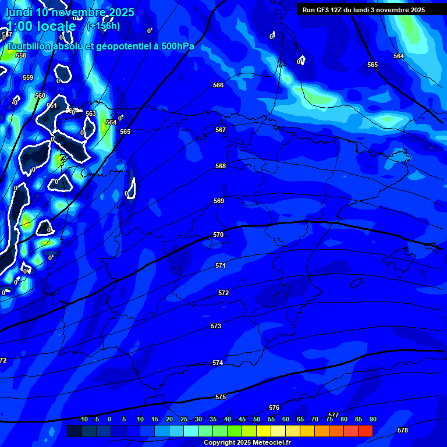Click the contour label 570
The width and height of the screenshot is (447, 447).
click(x=218, y=235)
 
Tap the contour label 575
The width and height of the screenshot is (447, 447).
click(x=221, y=397)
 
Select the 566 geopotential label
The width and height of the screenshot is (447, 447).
click(x=218, y=85)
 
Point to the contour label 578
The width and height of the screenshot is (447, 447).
click(x=403, y=430)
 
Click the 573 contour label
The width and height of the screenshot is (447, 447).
click(x=216, y=326)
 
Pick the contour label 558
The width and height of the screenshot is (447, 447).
click(x=21, y=55)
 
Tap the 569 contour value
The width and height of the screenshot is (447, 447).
click(x=219, y=201)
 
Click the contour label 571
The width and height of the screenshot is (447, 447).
click(x=221, y=265)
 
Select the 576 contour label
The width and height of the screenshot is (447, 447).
click(x=274, y=407)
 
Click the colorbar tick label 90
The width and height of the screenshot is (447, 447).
click(x=372, y=419)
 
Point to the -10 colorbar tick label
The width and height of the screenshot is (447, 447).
click(x=83, y=419)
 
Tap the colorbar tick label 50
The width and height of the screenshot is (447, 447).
click(x=257, y=419)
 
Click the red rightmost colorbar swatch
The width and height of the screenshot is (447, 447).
click(x=365, y=431)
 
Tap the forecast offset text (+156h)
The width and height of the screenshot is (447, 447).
click(x=104, y=26)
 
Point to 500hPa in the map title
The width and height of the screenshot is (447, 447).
click(x=178, y=46)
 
